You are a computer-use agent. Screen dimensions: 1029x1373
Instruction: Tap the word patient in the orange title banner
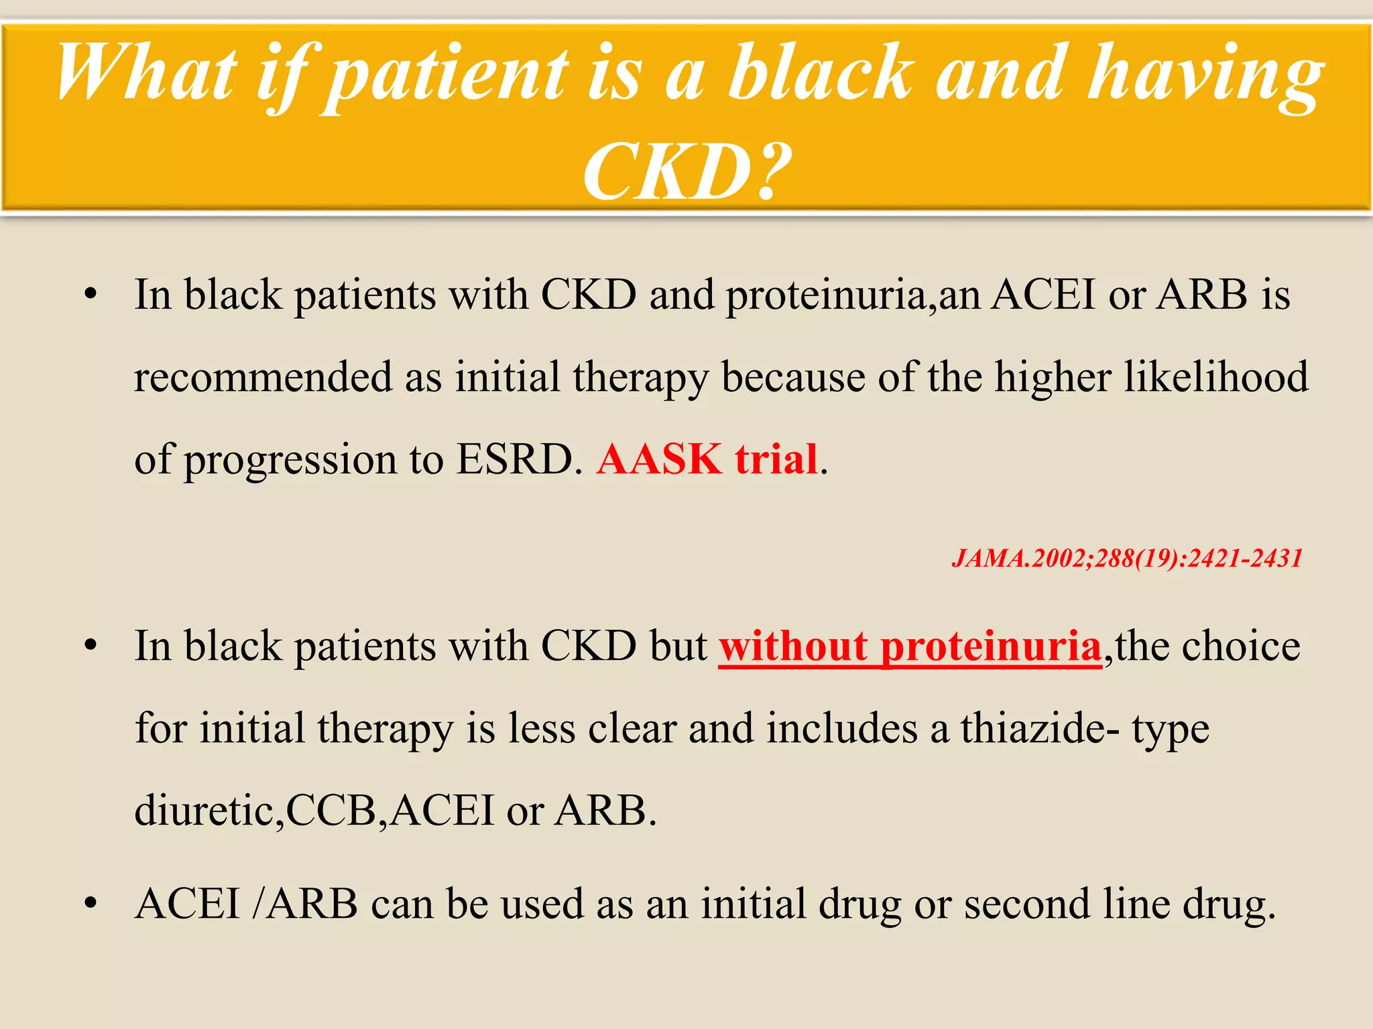click(446, 75)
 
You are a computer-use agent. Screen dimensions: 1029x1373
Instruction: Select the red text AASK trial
click(707, 460)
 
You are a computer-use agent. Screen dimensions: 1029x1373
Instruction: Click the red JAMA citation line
click(1126, 558)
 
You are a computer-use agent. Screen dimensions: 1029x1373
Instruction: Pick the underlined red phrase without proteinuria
click(910, 647)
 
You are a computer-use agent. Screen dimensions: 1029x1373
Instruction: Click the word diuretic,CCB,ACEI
click(314, 811)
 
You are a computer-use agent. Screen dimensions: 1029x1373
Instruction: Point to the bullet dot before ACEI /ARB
click(91, 904)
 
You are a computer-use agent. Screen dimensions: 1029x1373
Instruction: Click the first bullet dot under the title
click(91, 295)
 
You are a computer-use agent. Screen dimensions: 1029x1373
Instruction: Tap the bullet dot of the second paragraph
click(91, 646)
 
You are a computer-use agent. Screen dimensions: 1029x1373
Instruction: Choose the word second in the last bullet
click(1026, 904)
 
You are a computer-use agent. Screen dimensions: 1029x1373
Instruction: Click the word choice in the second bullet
click(1240, 646)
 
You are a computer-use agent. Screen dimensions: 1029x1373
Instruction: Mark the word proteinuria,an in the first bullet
click(852, 296)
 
